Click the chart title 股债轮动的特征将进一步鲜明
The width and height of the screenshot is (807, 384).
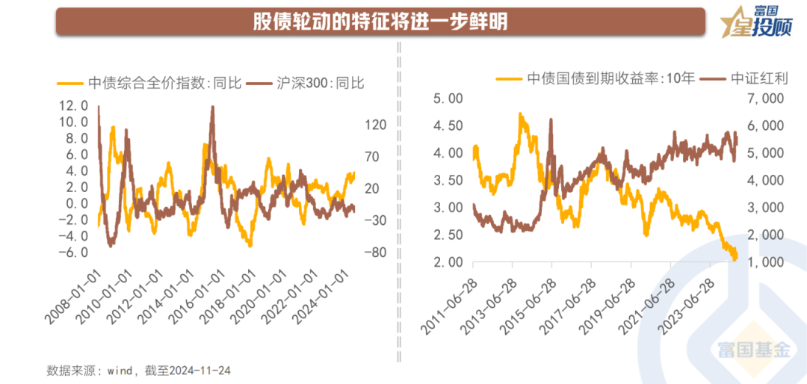[x=380, y=21]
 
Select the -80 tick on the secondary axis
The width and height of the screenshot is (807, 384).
[x=376, y=252]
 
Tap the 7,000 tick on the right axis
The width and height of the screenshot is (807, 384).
[x=766, y=99]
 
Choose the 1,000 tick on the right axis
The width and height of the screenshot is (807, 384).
[x=766, y=263]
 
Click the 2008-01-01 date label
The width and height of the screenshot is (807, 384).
[x=77, y=297]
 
